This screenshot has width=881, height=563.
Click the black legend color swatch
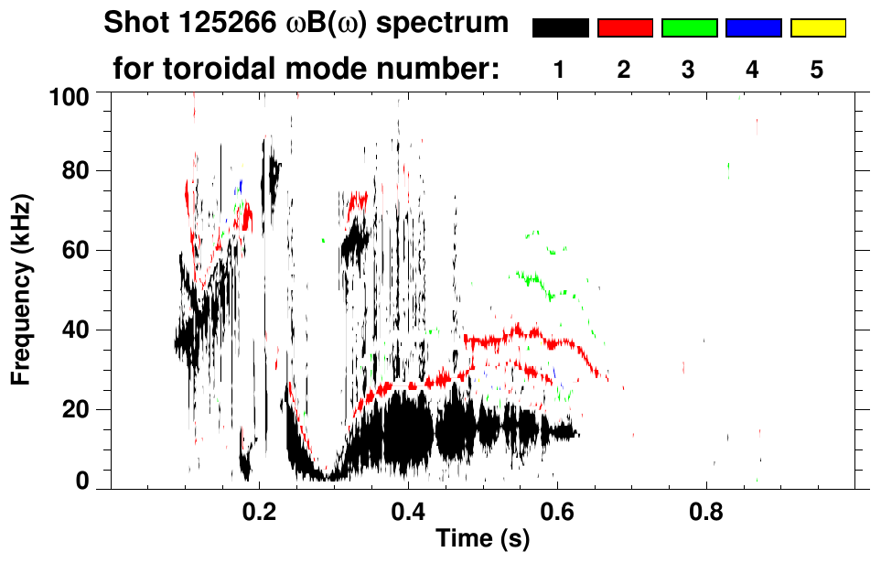tap(560, 28)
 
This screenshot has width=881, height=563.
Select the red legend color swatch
tap(625, 28)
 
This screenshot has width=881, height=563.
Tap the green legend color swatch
tap(689, 28)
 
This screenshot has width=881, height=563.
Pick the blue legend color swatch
tap(753, 28)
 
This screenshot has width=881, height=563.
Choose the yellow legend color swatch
tap(817, 28)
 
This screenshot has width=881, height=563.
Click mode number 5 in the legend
tap(817, 70)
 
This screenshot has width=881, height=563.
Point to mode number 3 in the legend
tap(689, 70)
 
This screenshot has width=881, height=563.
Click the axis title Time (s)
tap(481, 540)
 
